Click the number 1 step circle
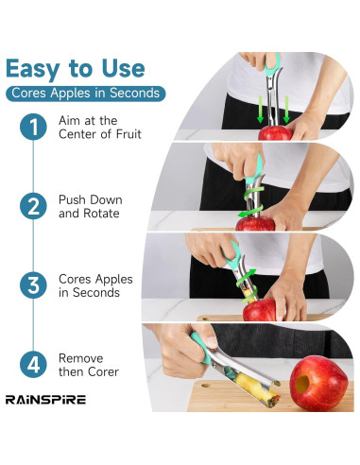[x=33, y=127]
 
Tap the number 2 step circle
[x=33, y=206]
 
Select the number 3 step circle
[x=33, y=285]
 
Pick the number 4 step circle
[x=33, y=365]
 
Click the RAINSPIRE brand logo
[x=45, y=400]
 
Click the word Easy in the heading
[x=33, y=69]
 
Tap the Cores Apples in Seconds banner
[x=85, y=94]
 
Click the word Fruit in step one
[x=129, y=134]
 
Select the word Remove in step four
[x=81, y=358]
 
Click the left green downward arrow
[x=260, y=110]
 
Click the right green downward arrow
[x=286, y=110]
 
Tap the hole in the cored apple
[x=302, y=384]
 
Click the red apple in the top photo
[x=275, y=133]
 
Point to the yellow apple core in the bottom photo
[x=256, y=387]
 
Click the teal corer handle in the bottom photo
[x=201, y=348]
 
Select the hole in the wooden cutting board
[x=206, y=385]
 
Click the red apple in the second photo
[x=255, y=224]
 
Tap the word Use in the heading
[x=123, y=68]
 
